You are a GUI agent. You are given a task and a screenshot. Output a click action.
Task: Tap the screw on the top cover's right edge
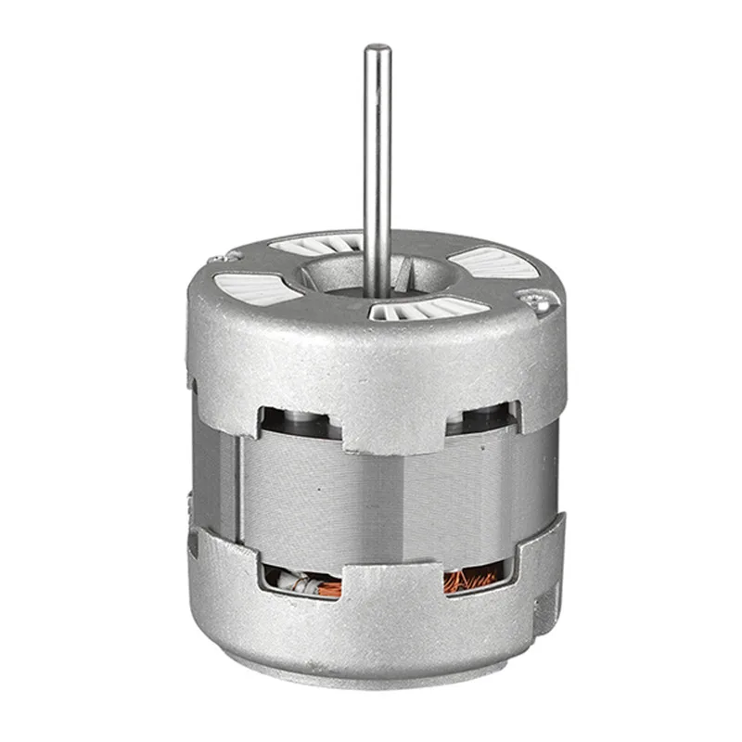coord(531,296)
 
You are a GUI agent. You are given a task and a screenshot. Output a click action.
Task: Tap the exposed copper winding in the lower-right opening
coord(474,579)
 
